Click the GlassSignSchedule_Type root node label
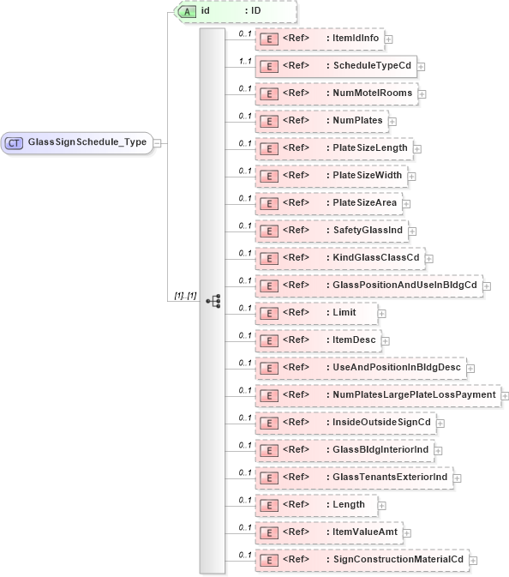[x=87, y=142]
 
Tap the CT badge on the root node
[x=15, y=142]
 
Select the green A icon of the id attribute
[x=186, y=11]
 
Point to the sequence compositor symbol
[x=213, y=301]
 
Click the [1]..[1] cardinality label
[x=185, y=295]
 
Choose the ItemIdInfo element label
[x=356, y=39]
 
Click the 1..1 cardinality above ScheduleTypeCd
[x=244, y=60]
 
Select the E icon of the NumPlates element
[x=268, y=121]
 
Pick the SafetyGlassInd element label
[x=368, y=231]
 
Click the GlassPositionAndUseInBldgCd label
[x=405, y=285]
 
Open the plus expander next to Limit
[x=382, y=313]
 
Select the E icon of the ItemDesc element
[x=268, y=340]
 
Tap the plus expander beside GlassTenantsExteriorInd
[x=458, y=478]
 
